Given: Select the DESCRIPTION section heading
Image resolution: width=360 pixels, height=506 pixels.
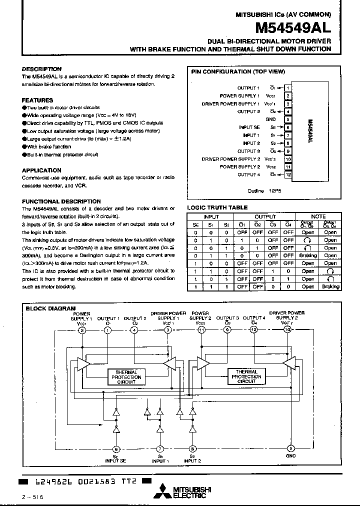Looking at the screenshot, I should (41, 69).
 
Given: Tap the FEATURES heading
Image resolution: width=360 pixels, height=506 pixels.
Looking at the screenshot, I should (37, 100).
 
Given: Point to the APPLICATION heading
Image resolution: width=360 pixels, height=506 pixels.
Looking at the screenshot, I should (41, 170).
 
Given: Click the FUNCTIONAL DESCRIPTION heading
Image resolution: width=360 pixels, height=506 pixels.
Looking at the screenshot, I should (61, 201).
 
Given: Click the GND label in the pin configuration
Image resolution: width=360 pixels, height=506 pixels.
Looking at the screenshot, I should (270, 119).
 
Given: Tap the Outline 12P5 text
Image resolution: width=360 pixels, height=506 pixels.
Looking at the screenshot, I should (261, 191).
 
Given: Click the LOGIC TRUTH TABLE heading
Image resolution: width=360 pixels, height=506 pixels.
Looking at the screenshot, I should (217, 207).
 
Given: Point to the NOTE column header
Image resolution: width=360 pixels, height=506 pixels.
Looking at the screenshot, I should (318, 216).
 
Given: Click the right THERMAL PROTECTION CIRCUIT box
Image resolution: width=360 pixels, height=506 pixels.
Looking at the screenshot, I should (246, 376).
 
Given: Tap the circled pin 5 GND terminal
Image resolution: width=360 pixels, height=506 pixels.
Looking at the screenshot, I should (289, 448).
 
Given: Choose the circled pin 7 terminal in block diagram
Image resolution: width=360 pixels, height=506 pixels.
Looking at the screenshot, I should (160, 448).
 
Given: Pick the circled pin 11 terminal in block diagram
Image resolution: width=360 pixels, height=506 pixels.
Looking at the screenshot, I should (201, 330).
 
